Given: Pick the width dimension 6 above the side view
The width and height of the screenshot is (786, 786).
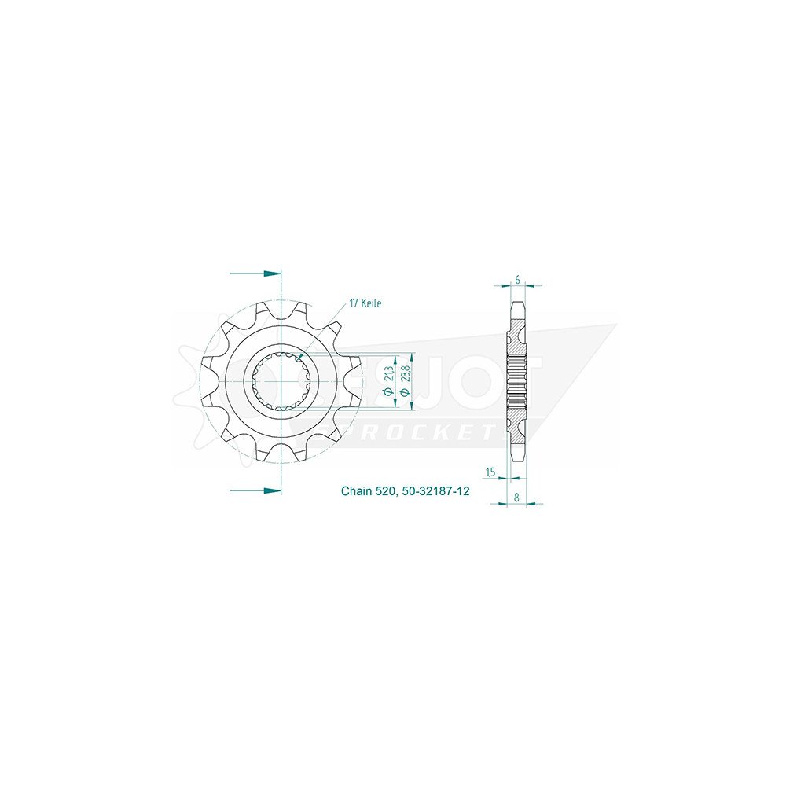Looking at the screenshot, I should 516,279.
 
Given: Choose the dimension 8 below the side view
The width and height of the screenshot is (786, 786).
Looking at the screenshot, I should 516,497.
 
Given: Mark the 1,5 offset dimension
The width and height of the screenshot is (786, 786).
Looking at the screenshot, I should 491,472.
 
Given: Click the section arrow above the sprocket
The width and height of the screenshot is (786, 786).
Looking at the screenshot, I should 256,274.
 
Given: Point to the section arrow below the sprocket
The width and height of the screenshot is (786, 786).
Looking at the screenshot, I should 256,490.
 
